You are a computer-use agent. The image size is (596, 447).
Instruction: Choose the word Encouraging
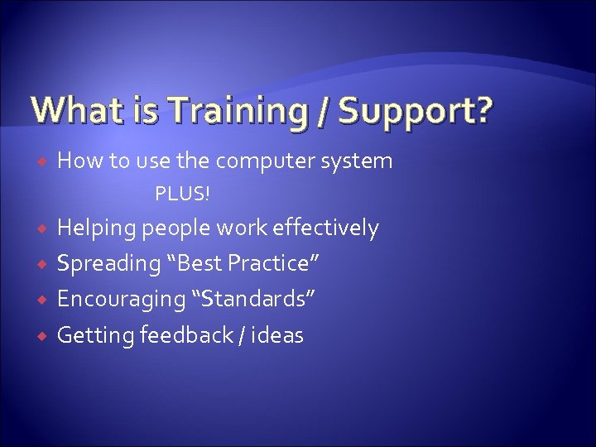[117, 299]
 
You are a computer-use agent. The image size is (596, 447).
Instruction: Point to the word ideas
[280, 335]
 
